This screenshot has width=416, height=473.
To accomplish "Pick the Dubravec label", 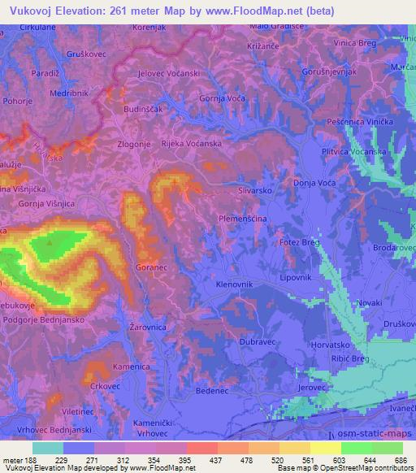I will (x=258, y=342).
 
